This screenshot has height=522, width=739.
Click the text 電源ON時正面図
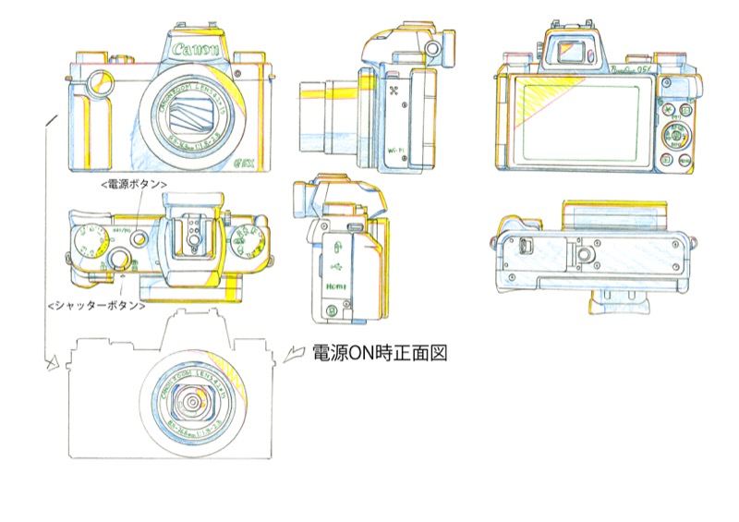(380, 353)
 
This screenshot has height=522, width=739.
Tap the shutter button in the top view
(121, 257)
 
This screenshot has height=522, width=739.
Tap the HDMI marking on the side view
(335, 288)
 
